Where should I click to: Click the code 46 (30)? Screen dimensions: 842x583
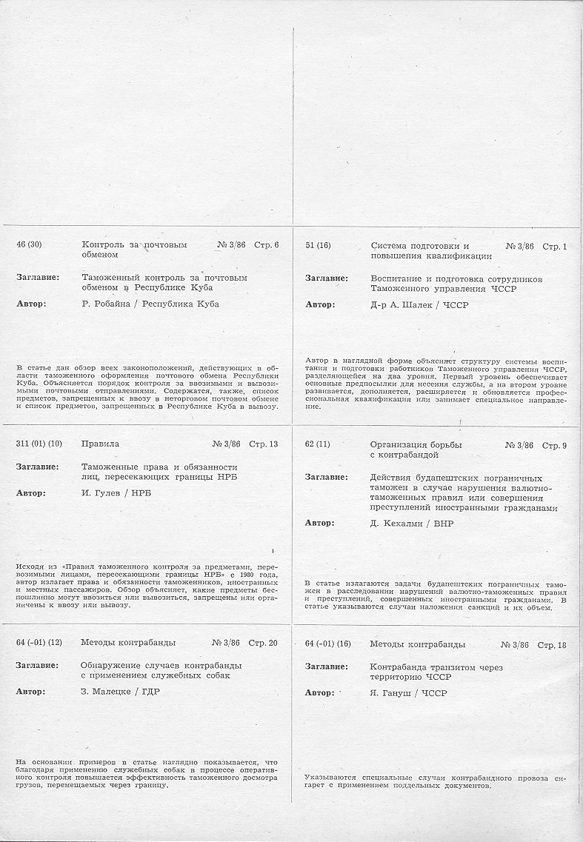30,245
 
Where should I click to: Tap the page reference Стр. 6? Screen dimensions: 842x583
266,245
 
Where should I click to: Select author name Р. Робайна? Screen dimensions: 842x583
108,304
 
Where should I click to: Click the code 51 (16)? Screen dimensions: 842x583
318,246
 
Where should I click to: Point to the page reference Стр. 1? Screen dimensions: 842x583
554,246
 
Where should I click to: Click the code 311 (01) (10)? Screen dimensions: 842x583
39,444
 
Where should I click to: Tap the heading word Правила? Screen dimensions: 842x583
100,444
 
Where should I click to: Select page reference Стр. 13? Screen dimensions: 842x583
263,444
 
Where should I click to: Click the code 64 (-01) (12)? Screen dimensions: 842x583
39,643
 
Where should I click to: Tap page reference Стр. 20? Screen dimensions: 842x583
263,643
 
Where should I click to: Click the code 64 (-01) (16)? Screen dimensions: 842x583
327,644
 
